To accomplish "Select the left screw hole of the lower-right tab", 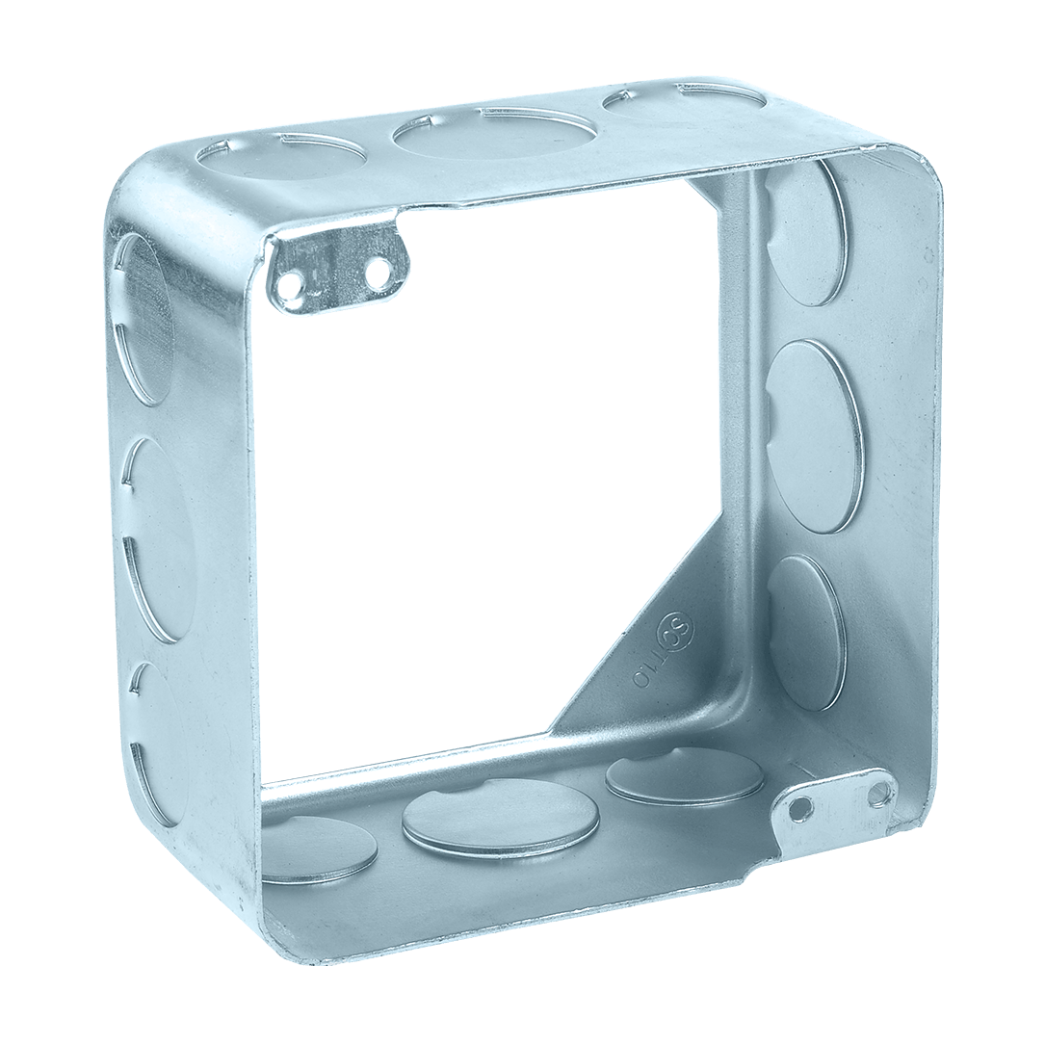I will (798, 810).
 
